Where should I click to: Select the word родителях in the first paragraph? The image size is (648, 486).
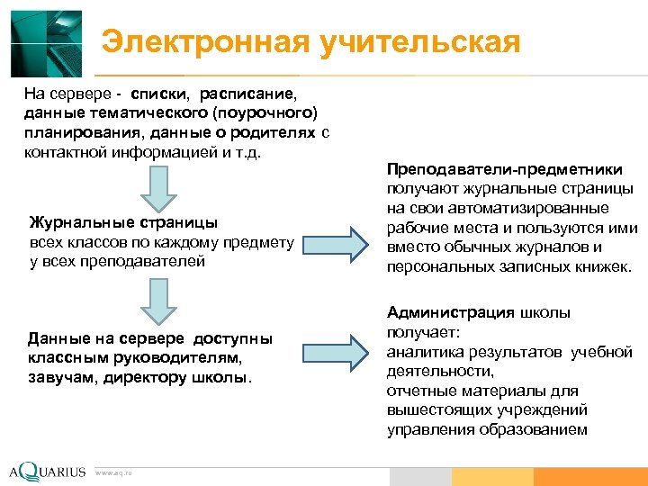pos(268,132)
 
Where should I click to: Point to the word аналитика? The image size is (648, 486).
pos(422,352)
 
